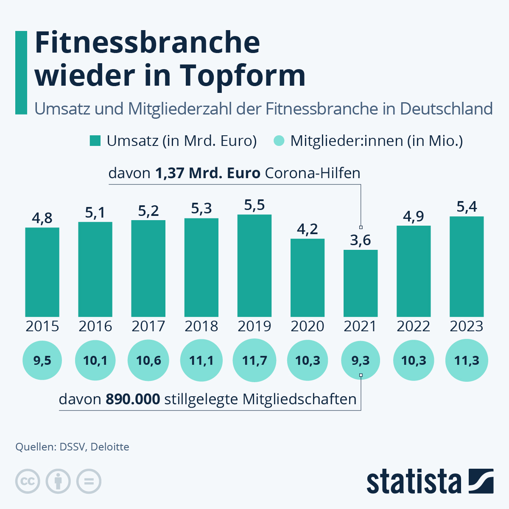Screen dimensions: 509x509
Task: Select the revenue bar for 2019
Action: (255, 266)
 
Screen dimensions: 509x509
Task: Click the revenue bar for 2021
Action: (361, 283)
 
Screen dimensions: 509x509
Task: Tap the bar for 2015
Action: (42, 272)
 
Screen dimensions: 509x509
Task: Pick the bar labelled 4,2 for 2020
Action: (308, 278)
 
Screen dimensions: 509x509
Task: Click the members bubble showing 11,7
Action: (255, 361)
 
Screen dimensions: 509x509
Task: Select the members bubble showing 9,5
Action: (42, 361)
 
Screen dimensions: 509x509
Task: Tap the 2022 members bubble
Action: (414, 361)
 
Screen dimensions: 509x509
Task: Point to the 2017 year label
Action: (148, 326)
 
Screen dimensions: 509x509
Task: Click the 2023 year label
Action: (467, 326)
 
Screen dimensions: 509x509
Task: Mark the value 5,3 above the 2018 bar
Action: (201, 208)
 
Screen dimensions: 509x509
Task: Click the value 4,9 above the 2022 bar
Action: (414, 216)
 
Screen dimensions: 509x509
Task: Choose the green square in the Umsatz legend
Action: (95, 141)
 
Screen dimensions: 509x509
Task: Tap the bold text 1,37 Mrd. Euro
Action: (208, 173)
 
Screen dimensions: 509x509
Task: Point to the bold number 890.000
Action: (133, 399)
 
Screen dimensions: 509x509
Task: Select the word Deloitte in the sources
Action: (110, 447)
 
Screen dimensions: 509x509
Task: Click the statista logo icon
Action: (481, 481)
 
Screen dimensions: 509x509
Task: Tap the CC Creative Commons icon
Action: (28, 481)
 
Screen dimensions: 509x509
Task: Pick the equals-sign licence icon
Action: (89, 481)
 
